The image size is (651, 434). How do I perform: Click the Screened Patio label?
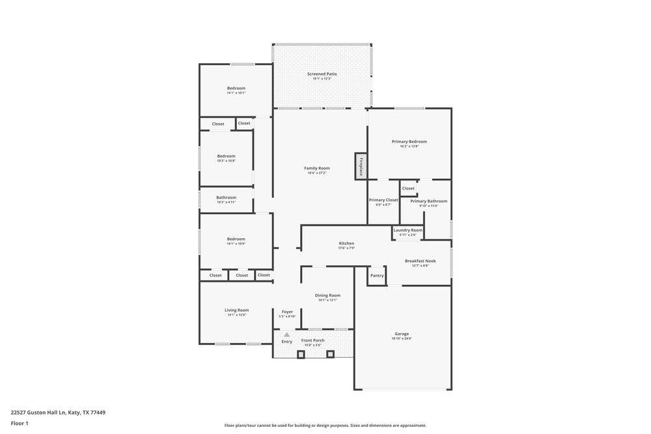(x=322, y=74)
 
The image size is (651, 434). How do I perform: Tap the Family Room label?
(x=317, y=169)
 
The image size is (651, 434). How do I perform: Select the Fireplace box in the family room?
(x=361, y=165)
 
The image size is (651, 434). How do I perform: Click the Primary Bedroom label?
(x=409, y=142)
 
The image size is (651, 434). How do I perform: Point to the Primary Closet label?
(x=383, y=200)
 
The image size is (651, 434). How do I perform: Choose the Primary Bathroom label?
(x=428, y=201)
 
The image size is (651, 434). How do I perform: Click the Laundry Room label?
(x=408, y=230)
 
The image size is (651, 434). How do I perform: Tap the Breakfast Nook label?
(x=420, y=261)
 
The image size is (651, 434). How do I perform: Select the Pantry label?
(x=377, y=275)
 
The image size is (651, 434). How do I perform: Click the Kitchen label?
(x=346, y=243)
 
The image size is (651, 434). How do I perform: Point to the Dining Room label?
(x=327, y=295)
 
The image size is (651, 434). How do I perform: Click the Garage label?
(x=402, y=334)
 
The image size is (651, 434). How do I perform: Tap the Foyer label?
(x=287, y=312)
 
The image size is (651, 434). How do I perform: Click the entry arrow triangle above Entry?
(x=286, y=334)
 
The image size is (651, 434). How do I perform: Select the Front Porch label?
(x=312, y=340)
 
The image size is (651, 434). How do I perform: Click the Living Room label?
(x=237, y=310)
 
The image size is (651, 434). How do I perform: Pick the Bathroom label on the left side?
(x=227, y=198)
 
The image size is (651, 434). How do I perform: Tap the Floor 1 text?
(x=20, y=423)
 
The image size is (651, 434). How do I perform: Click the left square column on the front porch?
(x=301, y=355)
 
